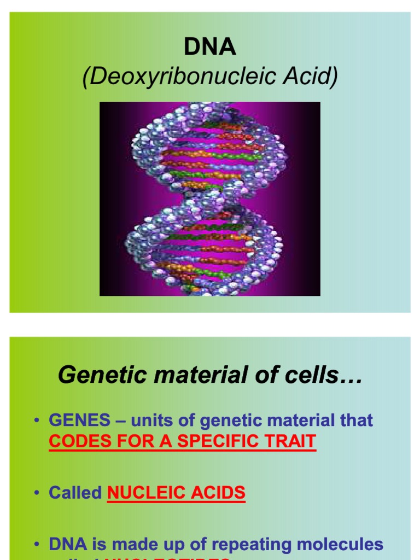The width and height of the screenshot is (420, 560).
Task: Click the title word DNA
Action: [x=210, y=48]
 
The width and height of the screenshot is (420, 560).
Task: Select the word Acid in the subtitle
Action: [x=314, y=77]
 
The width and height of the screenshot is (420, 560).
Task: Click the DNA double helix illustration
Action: [x=209, y=199]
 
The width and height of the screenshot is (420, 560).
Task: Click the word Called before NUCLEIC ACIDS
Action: [x=75, y=493]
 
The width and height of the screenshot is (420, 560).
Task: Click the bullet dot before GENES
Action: [x=36, y=421]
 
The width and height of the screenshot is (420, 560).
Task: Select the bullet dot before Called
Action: [x=36, y=493]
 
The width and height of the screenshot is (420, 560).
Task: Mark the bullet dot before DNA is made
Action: [x=36, y=545]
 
